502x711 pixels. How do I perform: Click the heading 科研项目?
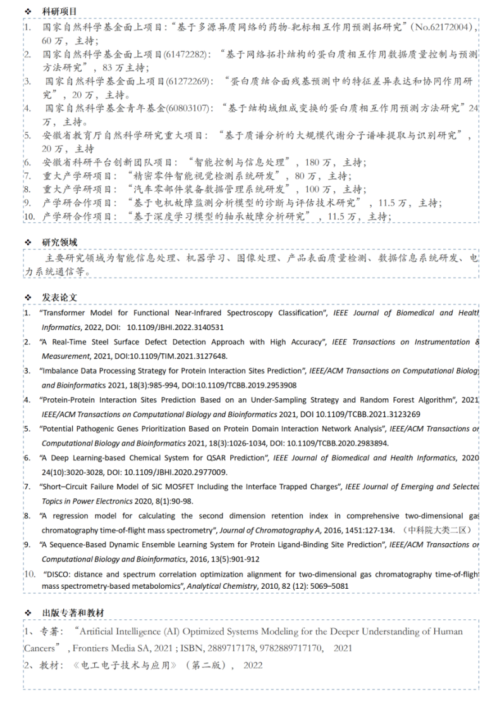[59, 11]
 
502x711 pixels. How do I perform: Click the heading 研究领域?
[59, 242]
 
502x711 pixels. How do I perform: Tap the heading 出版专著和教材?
[73, 613]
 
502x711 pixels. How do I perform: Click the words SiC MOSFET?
[180, 487]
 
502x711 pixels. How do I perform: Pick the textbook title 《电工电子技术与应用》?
[126, 665]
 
